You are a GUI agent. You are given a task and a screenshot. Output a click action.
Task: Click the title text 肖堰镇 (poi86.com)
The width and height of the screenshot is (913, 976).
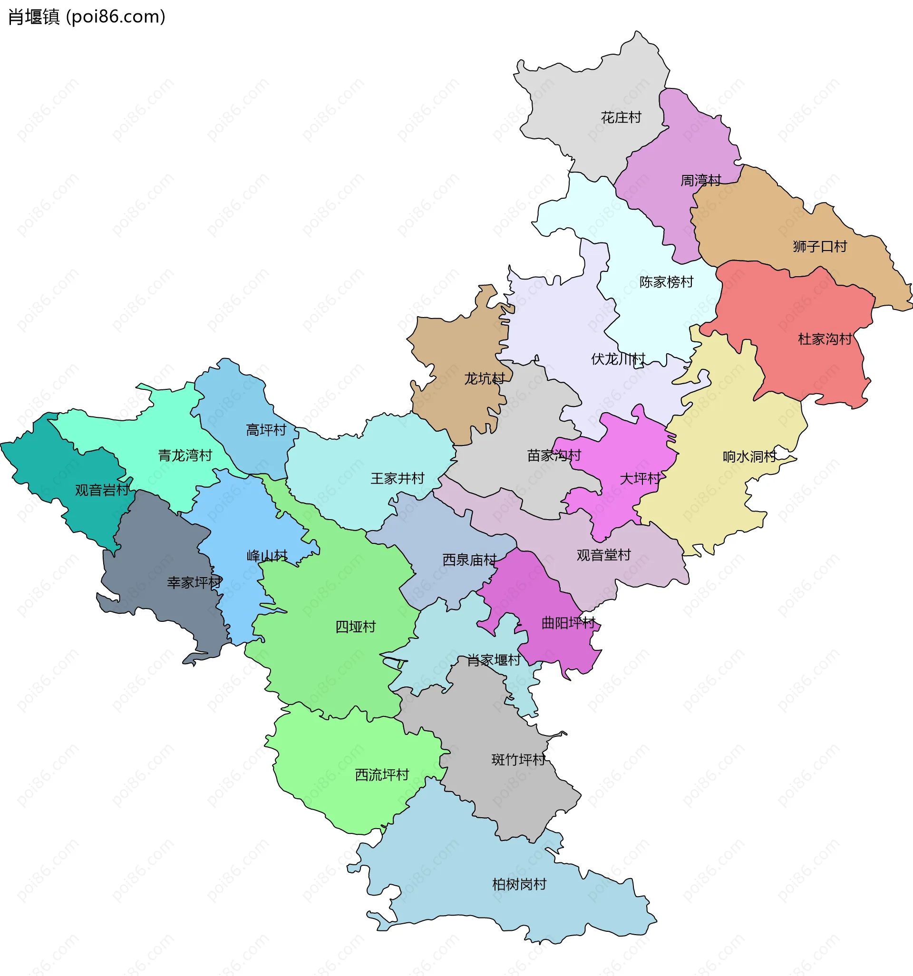(x=87, y=17)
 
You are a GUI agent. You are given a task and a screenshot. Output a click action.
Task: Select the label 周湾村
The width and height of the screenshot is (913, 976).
(x=700, y=181)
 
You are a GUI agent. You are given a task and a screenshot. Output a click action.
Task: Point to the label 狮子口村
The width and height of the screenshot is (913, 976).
(x=820, y=246)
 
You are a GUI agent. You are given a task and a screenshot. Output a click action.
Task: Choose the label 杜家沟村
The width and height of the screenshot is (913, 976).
(x=825, y=339)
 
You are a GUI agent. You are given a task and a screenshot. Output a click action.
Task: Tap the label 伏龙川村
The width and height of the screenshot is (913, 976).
(x=618, y=359)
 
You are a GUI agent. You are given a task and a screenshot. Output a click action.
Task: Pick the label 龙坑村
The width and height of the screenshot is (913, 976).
(x=484, y=379)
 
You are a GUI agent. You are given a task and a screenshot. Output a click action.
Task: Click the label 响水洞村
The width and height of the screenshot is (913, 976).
(x=749, y=457)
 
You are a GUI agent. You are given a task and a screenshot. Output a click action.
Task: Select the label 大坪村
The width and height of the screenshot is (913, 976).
(x=640, y=479)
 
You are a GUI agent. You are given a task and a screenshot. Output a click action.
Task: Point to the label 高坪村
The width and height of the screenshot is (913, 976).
(x=266, y=431)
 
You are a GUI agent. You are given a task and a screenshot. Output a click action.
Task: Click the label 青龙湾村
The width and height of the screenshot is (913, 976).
(x=185, y=455)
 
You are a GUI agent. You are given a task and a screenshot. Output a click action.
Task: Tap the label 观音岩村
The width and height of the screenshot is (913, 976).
(x=102, y=490)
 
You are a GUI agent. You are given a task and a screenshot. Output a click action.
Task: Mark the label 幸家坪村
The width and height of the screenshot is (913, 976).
(x=194, y=583)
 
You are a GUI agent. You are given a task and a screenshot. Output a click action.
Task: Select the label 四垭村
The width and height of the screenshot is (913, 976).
(x=355, y=627)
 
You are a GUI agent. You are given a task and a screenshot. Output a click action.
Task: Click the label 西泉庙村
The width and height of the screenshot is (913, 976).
(x=469, y=560)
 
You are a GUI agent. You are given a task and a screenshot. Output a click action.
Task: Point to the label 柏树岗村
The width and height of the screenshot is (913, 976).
(x=519, y=885)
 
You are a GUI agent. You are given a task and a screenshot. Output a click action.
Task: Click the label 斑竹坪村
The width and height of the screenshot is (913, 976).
(x=518, y=760)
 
